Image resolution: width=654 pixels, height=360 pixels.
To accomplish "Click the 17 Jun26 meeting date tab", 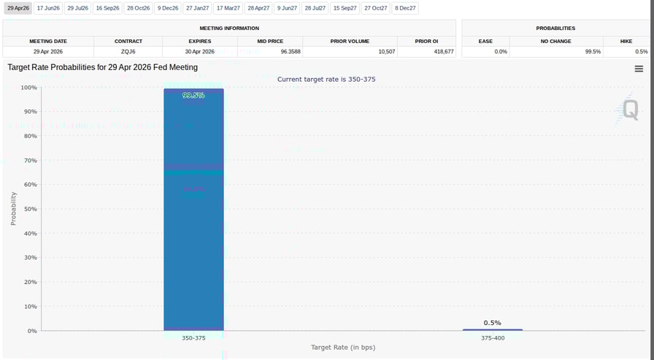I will pyautogui.click(x=48, y=8).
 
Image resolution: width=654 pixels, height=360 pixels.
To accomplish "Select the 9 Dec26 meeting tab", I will pyautogui.click(x=168, y=8).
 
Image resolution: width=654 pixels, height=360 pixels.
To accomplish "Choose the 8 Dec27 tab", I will pyautogui.click(x=405, y=8).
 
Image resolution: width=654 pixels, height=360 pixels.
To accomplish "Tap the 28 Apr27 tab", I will pyautogui.click(x=258, y=8).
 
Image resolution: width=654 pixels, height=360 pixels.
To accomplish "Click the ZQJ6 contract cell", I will pyautogui.click(x=128, y=52).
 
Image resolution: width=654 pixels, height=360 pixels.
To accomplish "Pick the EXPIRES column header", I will pyautogui.click(x=200, y=42).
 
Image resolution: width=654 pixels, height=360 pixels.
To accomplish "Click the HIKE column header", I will pyautogui.click(x=626, y=42).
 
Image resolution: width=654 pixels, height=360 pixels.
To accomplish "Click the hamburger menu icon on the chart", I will pyautogui.click(x=639, y=69).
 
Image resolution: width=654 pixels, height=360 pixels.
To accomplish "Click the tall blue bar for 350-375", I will pyautogui.click(x=193, y=219).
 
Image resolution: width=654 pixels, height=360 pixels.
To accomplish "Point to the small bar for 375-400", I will pyautogui.click(x=493, y=329).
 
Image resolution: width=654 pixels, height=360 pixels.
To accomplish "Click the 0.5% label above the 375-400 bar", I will pyautogui.click(x=493, y=323).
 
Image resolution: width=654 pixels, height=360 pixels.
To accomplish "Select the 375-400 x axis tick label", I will pyautogui.click(x=493, y=338).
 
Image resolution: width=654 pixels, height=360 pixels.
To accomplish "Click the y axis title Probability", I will pyautogui.click(x=13, y=208).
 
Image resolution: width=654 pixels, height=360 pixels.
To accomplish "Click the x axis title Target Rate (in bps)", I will pyautogui.click(x=343, y=348).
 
